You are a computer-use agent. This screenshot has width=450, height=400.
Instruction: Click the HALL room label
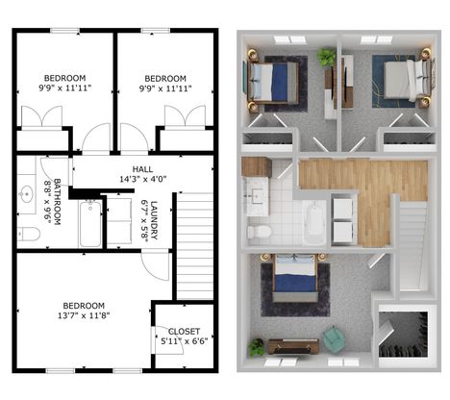(x=142, y=169)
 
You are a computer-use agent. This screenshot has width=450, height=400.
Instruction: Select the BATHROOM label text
(x=58, y=202)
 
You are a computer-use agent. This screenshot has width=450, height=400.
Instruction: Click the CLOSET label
(x=184, y=332)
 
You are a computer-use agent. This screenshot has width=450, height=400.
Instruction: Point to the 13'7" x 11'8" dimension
(x=84, y=315)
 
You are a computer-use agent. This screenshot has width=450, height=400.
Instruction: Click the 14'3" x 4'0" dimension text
(x=143, y=179)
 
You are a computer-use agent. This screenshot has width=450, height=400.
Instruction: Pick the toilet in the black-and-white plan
(x=29, y=234)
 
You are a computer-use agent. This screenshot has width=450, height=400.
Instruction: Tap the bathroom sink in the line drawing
(x=26, y=194)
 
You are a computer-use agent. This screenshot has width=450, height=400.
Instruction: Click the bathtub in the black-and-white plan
(x=90, y=223)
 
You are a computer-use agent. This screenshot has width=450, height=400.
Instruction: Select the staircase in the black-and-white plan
(x=195, y=246)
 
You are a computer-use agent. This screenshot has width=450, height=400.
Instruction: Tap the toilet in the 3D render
(x=259, y=231)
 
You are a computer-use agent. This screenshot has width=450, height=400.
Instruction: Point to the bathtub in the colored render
(x=315, y=222)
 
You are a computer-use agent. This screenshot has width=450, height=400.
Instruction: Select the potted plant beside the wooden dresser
(x=257, y=347)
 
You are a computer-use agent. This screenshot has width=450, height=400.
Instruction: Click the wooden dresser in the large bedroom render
(x=293, y=346)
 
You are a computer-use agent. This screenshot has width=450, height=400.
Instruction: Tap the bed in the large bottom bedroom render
(x=295, y=277)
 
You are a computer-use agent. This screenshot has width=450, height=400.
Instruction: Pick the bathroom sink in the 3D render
(x=256, y=196)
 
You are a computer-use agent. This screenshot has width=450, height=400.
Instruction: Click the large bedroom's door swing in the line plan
(x=156, y=265)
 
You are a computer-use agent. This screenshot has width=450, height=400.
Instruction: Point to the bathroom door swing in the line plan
(x=54, y=172)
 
